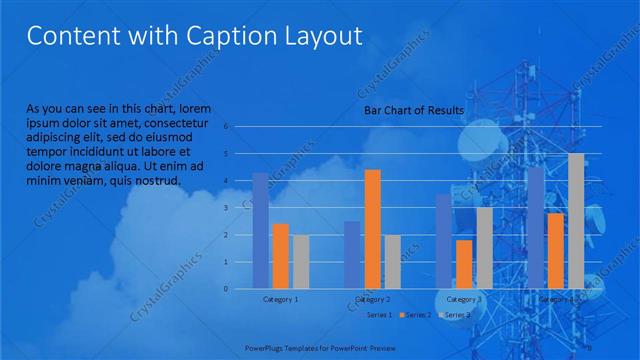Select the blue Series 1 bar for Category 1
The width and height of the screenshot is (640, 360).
pos(260,230)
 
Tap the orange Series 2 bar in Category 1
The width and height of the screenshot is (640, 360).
pos(280,256)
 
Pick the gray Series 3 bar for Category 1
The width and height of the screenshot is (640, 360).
pos(300,261)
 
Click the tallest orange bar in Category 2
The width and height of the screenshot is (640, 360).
pos(372,229)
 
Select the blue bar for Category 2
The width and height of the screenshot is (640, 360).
pos(352,255)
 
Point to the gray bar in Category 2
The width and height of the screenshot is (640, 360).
pos(392,261)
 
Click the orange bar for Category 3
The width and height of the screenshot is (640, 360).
pos(463,264)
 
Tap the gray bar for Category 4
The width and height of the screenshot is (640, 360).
pos(576,221)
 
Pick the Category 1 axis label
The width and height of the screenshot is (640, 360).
pos(280,299)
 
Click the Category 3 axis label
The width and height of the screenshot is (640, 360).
pos(463,299)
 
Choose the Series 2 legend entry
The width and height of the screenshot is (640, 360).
pos(412,315)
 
